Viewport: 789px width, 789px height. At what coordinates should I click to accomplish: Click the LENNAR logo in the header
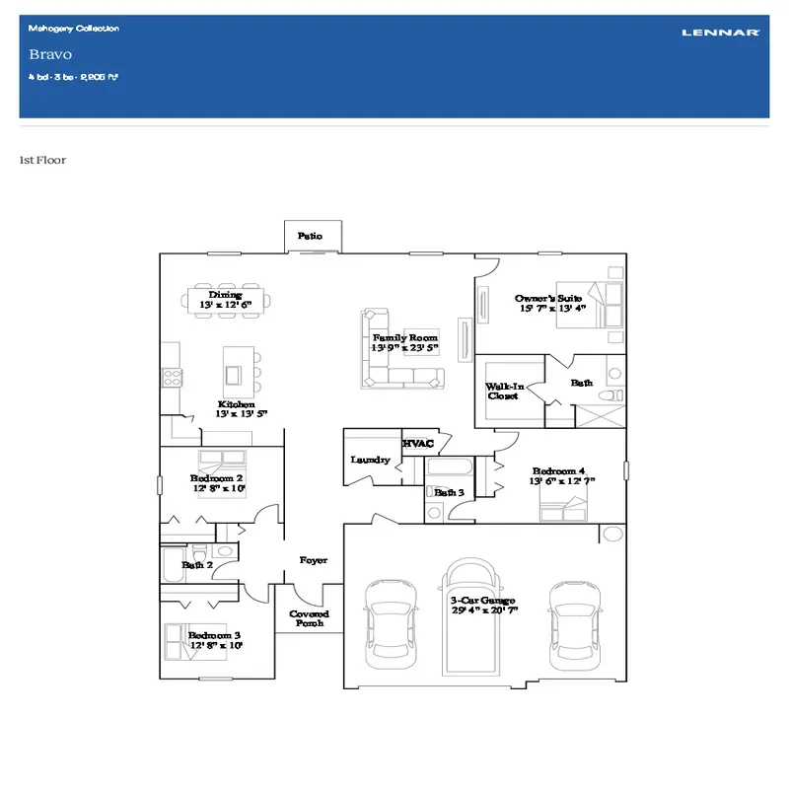pyautogui.click(x=720, y=33)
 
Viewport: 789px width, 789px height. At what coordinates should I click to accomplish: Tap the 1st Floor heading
pyautogui.click(x=42, y=160)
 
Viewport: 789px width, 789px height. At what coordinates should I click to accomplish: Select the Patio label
pyautogui.click(x=310, y=237)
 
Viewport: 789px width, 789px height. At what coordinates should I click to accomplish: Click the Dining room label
pyautogui.click(x=225, y=295)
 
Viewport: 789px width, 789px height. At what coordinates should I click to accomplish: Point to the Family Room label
pyautogui.click(x=404, y=338)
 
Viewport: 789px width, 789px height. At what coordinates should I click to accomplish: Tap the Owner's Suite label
pyautogui.click(x=548, y=298)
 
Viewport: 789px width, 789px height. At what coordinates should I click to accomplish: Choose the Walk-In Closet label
pyautogui.click(x=503, y=392)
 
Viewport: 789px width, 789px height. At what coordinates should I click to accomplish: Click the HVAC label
pyautogui.click(x=418, y=445)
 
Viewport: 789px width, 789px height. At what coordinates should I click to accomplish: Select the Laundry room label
pyautogui.click(x=370, y=460)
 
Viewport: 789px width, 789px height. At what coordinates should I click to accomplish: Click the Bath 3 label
pyautogui.click(x=449, y=491)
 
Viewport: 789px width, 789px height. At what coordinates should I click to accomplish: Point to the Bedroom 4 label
pyautogui.click(x=558, y=471)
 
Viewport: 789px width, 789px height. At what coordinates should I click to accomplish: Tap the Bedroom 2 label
pyautogui.click(x=217, y=479)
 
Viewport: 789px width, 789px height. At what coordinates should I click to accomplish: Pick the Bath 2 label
pyautogui.click(x=196, y=565)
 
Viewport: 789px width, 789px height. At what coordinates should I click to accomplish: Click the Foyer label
pyautogui.click(x=314, y=560)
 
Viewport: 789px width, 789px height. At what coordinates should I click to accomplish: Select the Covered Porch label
pyautogui.click(x=309, y=618)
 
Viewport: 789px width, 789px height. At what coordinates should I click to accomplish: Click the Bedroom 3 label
pyautogui.click(x=215, y=635)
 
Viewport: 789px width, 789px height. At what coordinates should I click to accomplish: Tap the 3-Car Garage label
pyautogui.click(x=483, y=601)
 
